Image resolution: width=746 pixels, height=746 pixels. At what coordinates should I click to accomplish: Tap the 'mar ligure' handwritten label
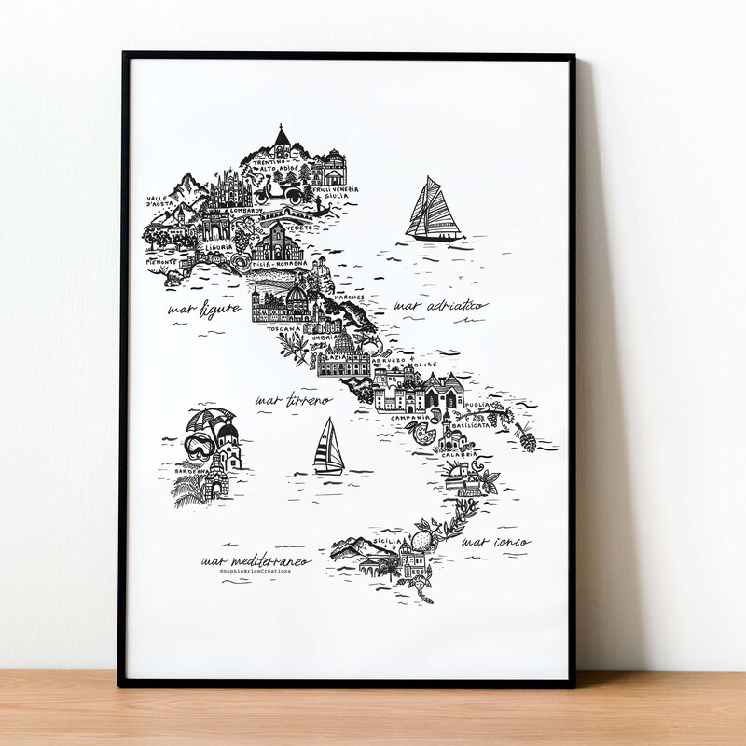pos(204,308)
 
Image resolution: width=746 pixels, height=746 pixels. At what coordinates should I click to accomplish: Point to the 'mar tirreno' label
pos(294,401)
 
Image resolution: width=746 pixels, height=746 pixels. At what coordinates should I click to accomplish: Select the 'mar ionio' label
pos(497,542)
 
